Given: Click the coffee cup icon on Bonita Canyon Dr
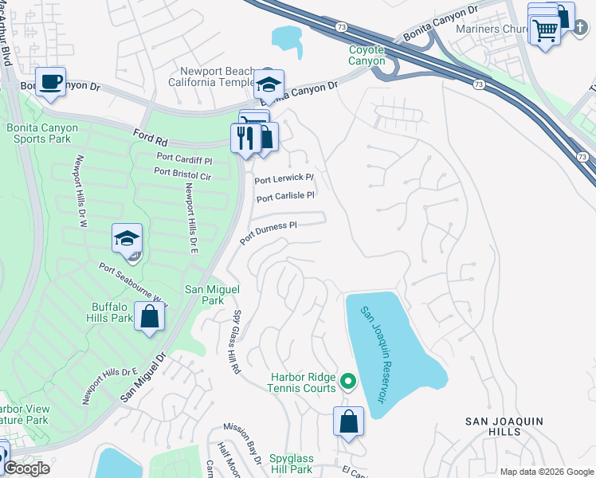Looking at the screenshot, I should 52,81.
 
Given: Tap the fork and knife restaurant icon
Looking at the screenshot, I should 245,137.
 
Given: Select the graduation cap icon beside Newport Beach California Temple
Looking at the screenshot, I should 269,83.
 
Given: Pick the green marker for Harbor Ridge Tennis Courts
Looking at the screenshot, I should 347,382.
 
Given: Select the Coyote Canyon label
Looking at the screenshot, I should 367,55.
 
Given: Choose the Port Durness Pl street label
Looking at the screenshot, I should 268,231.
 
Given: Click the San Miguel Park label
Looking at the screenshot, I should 204,295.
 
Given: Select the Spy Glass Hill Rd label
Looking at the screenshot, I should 237,343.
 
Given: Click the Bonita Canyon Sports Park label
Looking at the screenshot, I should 37,132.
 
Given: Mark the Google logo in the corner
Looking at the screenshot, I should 25,468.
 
